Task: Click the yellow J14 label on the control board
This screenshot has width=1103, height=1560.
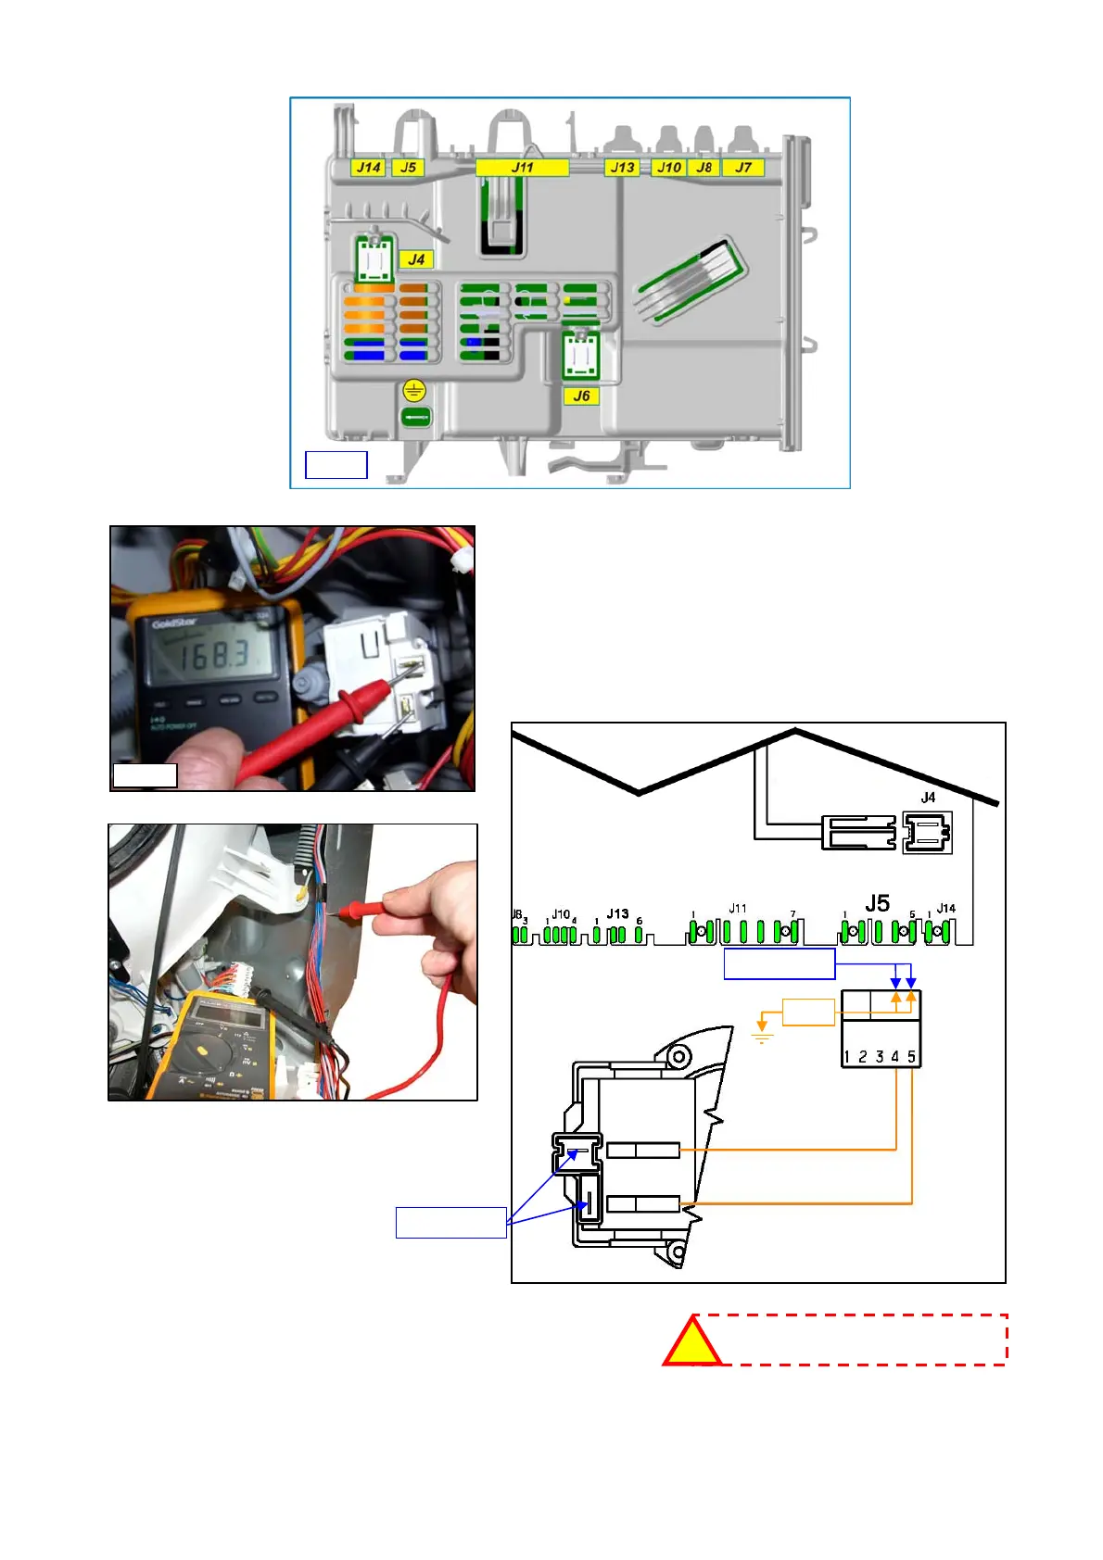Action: pyautogui.click(x=368, y=168)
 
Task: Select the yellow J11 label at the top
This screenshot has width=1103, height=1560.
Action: pyautogui.click(x=522, y=168)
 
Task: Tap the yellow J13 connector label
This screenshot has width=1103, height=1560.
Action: pyautogui.click(x=622, y=168)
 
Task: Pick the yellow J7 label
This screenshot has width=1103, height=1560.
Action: pyautogui.click(x=743, y=168)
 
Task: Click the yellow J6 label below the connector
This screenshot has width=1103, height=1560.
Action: pyautogui.click(x=581, y=396)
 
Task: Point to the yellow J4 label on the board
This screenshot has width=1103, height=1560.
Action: pyautogui.click(x=416, y=259)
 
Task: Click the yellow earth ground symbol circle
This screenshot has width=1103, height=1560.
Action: pyautogui.click(x=413, y=390)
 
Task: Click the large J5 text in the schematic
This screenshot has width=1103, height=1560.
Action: pyautogui.click(x=877, y=902)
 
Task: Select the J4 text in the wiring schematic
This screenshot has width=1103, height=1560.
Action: pyautogui.click(x=928, y=798)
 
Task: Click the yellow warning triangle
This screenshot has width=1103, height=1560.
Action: pyautogui.click(x=691, y=1344)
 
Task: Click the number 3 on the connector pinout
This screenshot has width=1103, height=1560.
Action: pyautogui.click(x=879, y=1056)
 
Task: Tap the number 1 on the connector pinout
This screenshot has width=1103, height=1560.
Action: pyautogui.click(x=847, y=1056)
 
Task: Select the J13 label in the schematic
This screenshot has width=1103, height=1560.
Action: pyautogui.click(x=617, y=914)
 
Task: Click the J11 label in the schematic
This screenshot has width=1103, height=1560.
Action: pyautogui.click(x=737, y=909)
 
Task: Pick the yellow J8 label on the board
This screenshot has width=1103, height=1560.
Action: pyautogui.click(x=704, y=168)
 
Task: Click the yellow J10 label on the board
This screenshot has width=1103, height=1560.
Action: pyautogui.click(x=668, y=168)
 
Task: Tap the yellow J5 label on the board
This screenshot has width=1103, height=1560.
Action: pyautogui.click(x=408, y=168)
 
